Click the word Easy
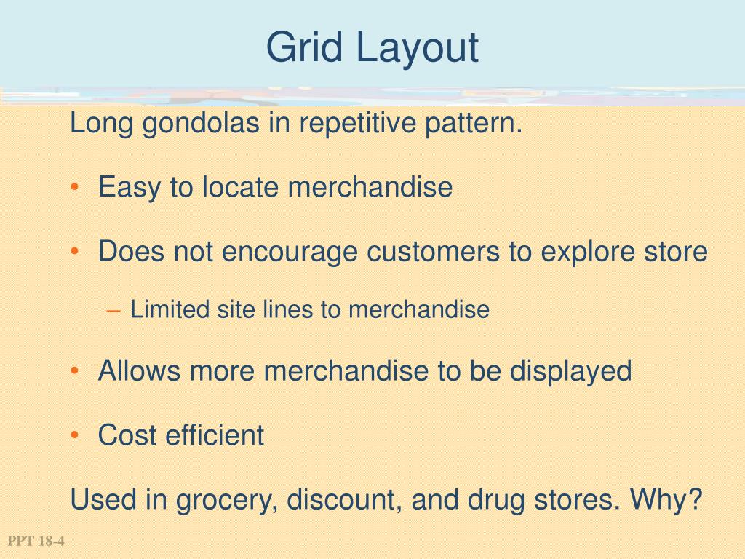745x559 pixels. (x=130, y=188)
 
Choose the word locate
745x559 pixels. (x=242, y=188)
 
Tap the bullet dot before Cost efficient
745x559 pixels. (x=76, y=436)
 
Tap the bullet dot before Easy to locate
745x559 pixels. (x=76, y=189)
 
